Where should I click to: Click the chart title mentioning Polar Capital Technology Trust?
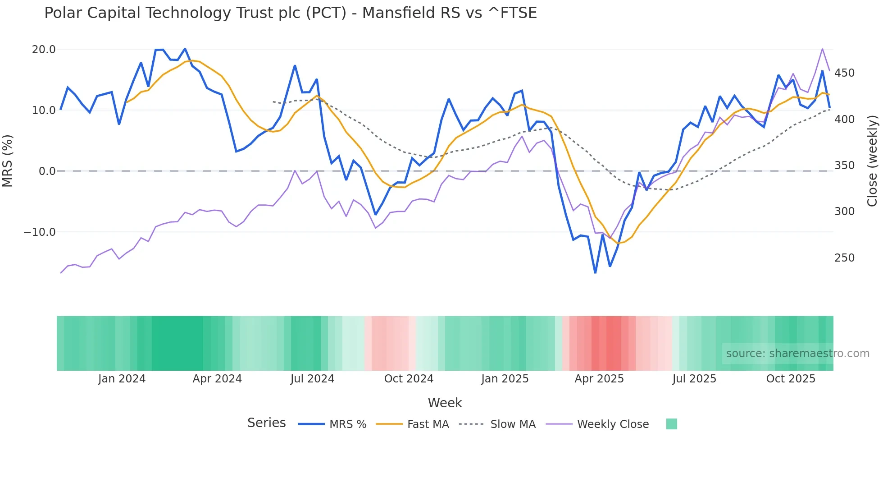coord(291,13)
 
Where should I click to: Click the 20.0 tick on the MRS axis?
coord(44,50)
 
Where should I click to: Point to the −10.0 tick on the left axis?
coord(40,232)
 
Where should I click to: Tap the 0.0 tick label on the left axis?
coord(47,171)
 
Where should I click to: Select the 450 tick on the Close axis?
coord(844,73)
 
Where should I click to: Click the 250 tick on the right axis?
coord(844,258)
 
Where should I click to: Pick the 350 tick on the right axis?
coord(844,166)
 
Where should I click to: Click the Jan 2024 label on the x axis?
coord(122,379)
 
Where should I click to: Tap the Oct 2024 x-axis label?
coord(409,379)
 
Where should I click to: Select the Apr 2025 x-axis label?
coord(599,379)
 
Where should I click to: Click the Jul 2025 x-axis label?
coord(694,379)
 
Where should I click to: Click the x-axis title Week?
coord(445,403)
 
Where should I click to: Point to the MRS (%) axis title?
coord(8,161)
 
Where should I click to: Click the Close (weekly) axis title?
coord(872,161)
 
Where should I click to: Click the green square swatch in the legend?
coord(671,424)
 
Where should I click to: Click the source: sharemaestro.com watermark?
coord(797,354)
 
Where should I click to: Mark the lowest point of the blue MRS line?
coord(595,272)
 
